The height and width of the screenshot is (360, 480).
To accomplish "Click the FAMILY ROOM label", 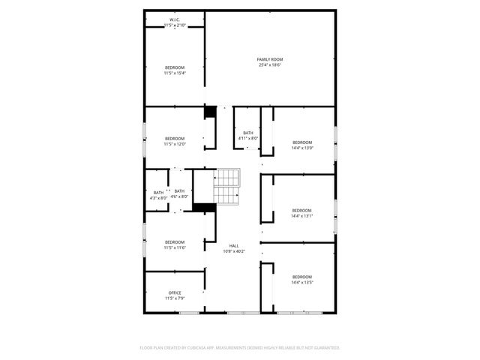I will pyautogui.click(x=270, y=59).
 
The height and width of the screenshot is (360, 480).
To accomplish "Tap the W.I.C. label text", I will pyautogui.click(x=174, y=19).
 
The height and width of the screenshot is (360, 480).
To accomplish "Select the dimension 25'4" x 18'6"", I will pyautogui.click(x=270, y=65).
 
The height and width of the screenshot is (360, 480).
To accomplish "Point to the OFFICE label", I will pyautogui.click(x=175, y=292).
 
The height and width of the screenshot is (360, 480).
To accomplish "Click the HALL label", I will pyautogui.click(x=234, y=246).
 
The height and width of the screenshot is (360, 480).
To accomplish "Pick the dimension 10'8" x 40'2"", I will pyautogui.click(x=234, y=252).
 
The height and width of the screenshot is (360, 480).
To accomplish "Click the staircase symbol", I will pyautogui.click(x=227, y=187).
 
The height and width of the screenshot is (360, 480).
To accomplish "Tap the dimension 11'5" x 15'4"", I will pyautogui.click(x=175, y=73).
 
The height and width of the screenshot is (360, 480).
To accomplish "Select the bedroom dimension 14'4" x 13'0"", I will pyautogui.click(x=302, y=148).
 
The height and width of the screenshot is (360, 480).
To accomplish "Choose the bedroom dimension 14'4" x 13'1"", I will pyautogui.click(x=302, y=216).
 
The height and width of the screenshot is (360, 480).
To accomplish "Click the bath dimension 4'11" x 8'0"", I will pyautogui.click(x=248, y=139).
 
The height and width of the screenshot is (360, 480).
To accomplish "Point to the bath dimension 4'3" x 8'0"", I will pyautogui.click(x=158, y=197).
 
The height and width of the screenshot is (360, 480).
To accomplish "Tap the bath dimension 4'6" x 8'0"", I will pyautogui.click(x=179, y=197).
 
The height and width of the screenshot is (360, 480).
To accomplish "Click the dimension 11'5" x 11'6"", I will pyautogui.click(x=175, y=247).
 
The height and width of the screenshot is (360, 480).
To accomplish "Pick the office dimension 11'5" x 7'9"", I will pyautogui.click(x=175, y=298).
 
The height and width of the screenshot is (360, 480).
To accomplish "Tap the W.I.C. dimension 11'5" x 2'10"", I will pyautogui.click(x=174, y=25).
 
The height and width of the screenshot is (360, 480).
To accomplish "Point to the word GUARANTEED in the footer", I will pyautogui.click(x=325, y=348).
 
